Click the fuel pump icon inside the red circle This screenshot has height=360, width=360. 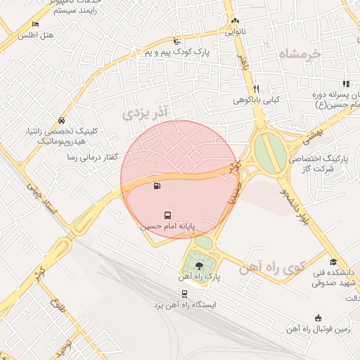[155, 186]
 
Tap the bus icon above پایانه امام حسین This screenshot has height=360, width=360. [167, 214]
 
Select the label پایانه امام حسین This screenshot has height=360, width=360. [167, 226]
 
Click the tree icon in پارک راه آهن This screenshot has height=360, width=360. [199, 265]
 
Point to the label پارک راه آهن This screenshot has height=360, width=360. [199, 277]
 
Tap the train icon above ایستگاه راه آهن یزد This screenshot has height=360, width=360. [184, 294]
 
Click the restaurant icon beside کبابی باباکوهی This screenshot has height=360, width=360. [256, 89]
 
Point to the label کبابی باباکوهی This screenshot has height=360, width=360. [257, 100]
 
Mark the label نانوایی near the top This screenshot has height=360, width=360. [235, 32]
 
